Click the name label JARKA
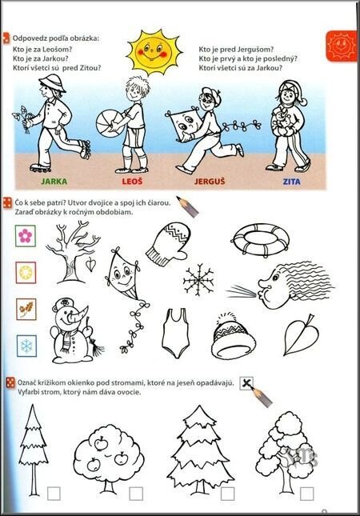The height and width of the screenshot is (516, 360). pos(54,182)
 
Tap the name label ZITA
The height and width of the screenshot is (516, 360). pos(291,182)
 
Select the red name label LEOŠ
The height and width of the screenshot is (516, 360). pos(132,182)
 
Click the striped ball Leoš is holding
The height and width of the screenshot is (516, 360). pos(109,124)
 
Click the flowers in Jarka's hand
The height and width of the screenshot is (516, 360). pos(22,118)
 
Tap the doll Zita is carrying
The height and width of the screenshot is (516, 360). pos(283,120)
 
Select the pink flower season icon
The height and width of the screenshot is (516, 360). pos(26,236)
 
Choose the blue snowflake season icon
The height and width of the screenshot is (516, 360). pos(26,346)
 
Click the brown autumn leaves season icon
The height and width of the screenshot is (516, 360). pos(26,309)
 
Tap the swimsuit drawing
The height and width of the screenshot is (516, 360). pos(176,333)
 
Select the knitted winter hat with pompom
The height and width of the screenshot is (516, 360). pos(233,337)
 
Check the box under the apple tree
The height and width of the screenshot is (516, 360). pos(136,494)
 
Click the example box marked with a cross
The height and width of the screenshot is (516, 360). pos(246,383)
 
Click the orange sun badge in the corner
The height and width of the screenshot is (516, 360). pos(342,46)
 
